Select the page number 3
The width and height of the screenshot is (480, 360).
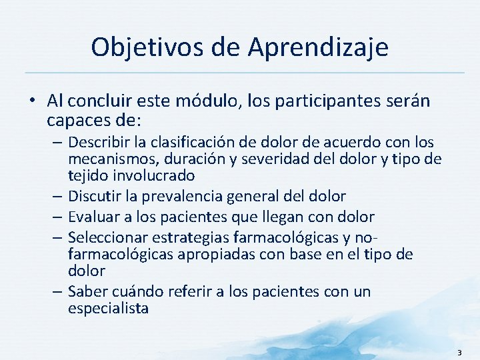459,351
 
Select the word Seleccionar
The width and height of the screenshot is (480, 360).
107,237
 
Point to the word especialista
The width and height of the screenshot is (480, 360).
108,309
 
